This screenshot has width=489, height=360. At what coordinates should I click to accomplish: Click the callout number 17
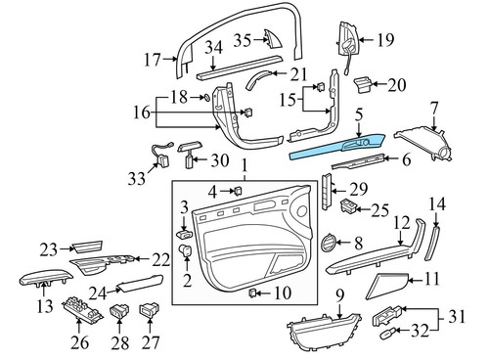coord(152,60)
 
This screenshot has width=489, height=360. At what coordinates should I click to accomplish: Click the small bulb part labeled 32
coord(386,333)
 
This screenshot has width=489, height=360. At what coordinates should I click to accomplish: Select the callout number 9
coord(339,294)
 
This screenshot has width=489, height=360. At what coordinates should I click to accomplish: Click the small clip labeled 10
coord(252,292)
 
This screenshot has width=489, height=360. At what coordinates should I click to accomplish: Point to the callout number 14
coord(437,203)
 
